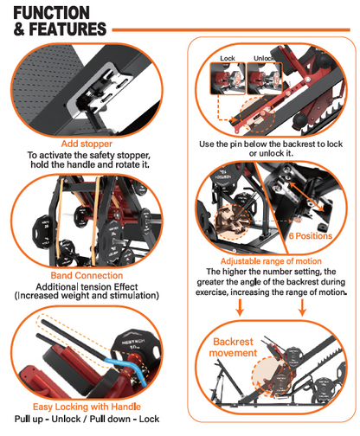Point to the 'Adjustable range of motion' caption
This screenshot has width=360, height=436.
(271, 260)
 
